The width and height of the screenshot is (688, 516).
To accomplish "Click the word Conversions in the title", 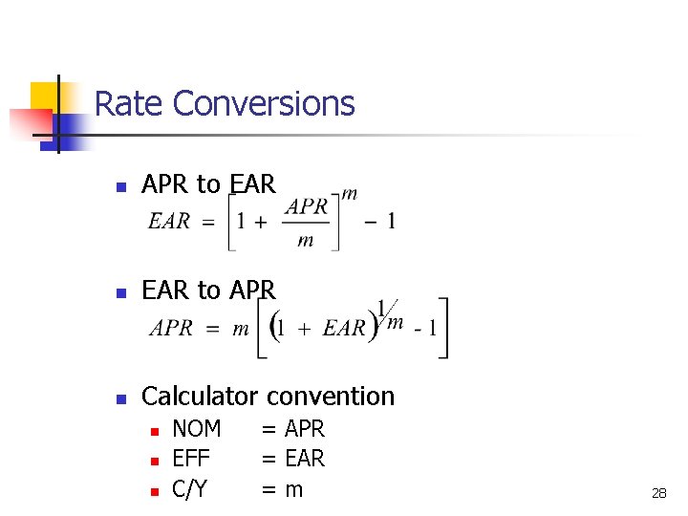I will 265,103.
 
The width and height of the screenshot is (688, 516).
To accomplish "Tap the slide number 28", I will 658,493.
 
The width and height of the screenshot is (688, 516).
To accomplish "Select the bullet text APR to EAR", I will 208,183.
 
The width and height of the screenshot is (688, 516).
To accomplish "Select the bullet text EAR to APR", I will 208,290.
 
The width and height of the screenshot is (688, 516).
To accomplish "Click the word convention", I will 331,396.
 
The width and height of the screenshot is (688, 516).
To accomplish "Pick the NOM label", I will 196,429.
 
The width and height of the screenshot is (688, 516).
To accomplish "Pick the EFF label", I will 190,459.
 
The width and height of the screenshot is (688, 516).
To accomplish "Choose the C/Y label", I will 189,489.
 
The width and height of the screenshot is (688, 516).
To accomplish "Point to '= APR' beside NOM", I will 293,429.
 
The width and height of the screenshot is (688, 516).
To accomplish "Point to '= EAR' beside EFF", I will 293,459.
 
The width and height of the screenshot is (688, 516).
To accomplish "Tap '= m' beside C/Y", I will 282,489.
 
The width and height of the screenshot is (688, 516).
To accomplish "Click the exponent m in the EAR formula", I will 350,194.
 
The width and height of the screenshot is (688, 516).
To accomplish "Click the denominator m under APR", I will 306,240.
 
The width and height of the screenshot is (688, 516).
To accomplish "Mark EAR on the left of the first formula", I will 169,222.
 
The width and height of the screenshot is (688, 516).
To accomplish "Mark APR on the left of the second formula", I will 172,329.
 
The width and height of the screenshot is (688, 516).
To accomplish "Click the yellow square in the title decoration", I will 44,96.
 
